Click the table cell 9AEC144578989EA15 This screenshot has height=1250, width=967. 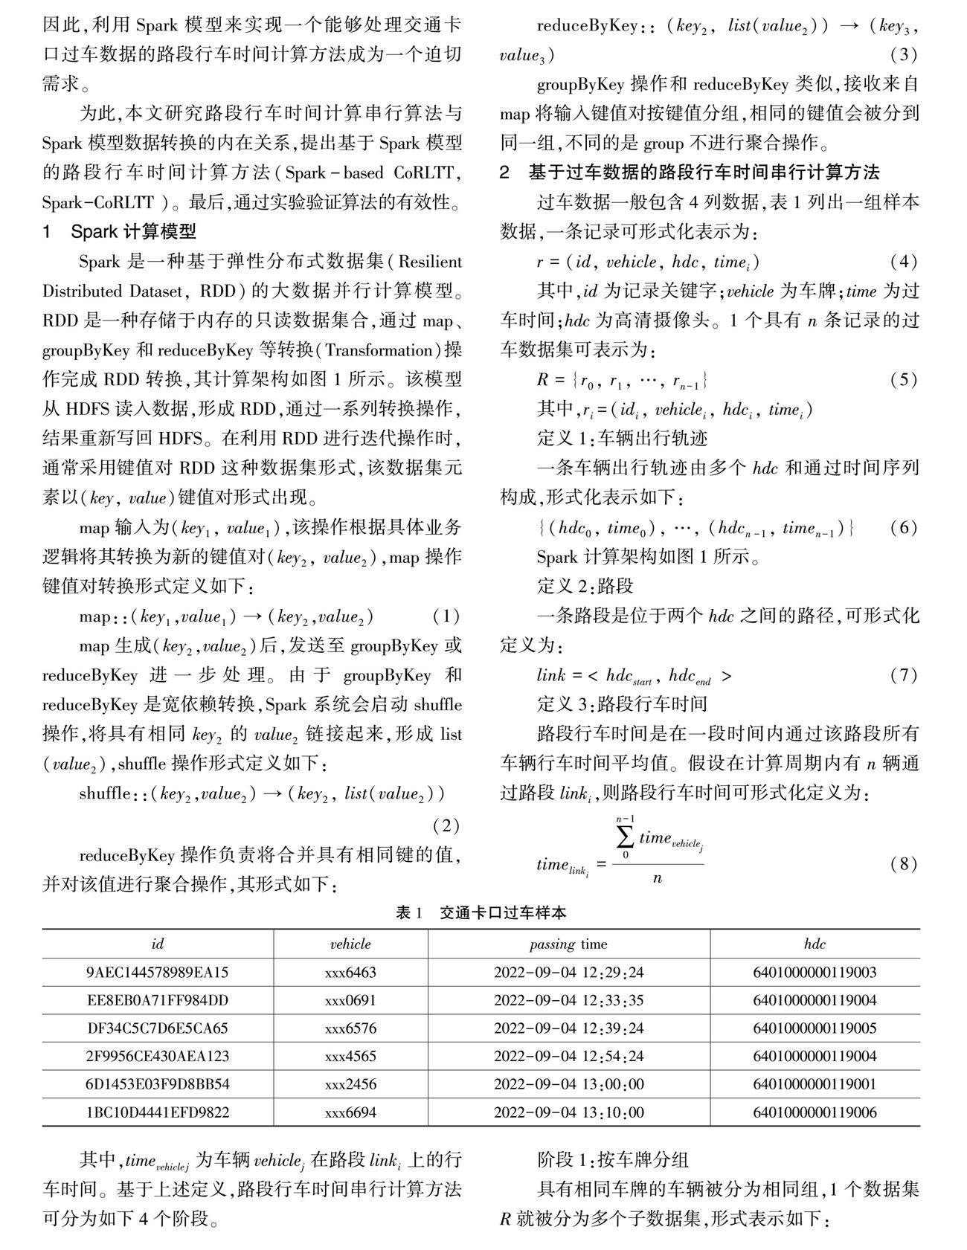157,972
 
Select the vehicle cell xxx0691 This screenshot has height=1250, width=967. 350,1000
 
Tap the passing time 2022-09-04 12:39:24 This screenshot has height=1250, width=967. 568,1028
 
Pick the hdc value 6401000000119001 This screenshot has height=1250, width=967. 815,1084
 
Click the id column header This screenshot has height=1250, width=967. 157,944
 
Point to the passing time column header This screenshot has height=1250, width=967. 568,944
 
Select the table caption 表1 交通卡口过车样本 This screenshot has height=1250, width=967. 481,912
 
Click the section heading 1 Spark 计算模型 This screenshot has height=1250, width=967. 119,232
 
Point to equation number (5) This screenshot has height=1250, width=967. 904,380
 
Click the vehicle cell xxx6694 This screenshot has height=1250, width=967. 350,1112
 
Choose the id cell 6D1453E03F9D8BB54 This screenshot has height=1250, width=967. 157,1084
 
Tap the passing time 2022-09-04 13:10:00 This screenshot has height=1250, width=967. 568,1112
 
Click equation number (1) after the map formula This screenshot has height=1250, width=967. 446,616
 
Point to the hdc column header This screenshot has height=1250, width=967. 815,944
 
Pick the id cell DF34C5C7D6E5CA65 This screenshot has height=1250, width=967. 157,1028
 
